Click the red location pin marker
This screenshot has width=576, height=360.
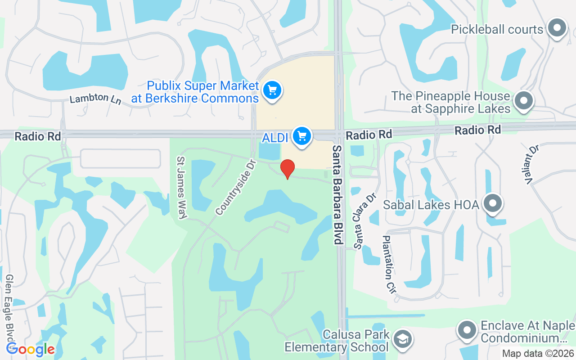(x=288, y=169)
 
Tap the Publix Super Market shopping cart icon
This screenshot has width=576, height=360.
(x=272, y=91)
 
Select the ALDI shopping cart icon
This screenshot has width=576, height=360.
(x=302, y=136)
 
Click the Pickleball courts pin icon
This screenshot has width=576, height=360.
(x=557, y=28)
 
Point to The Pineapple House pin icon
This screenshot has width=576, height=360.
(x=523, y=100)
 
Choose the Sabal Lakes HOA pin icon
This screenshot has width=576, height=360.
(x=493, y=203)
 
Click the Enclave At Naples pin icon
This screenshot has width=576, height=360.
(x=467, y=331)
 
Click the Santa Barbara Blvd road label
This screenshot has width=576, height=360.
(x=337, y=194)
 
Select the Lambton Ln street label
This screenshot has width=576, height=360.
(x=95, y=98)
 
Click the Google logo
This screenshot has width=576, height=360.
(x=30, y=349)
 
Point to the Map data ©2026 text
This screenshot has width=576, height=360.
(x=538, y=353)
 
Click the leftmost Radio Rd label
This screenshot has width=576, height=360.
(x=38, y=136)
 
